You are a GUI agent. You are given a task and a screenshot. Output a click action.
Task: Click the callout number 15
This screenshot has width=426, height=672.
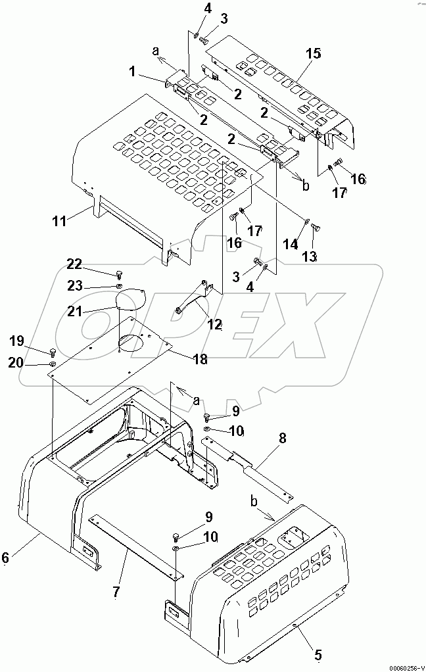pyautogui.click(x=314, y=53)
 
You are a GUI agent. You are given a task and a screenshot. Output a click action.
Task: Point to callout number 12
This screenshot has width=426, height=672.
pyautogui.click(x=214, y=324)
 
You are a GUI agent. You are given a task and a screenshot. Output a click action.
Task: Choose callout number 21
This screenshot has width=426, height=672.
pyautogui.click(x=74, y=311)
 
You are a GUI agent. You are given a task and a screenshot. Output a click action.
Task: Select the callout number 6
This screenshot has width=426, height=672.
pyautogui.click(x=6, y=557)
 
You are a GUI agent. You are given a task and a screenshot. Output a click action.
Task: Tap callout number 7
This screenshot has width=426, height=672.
pyautogui.click(x=116, y=592)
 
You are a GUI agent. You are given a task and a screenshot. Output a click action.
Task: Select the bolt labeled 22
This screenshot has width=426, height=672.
pyautogui.click(x=118, y=274)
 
